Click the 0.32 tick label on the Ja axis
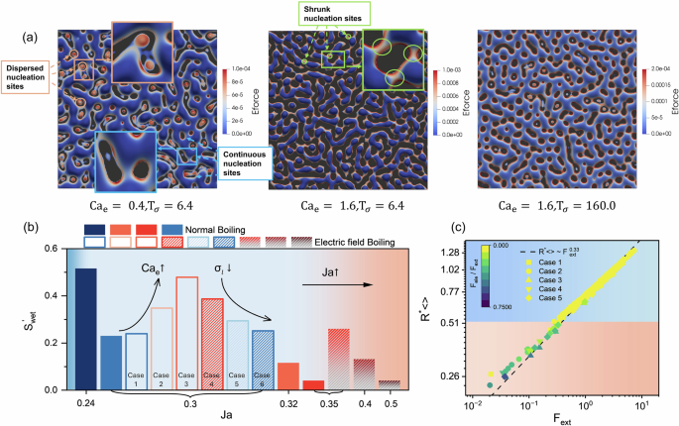point(287,403)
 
